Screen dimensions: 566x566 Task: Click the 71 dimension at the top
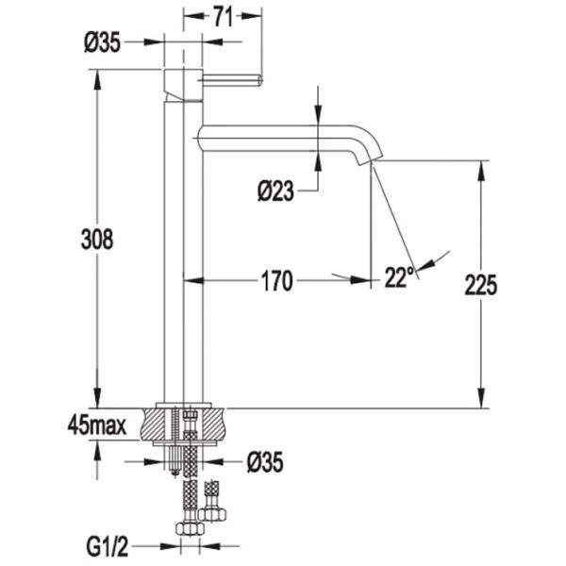coord(223,17)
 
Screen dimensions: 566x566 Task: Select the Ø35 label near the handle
coord(102,42)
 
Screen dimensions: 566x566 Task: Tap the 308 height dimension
coord(97,239)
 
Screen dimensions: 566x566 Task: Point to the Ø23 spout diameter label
coord(275,191)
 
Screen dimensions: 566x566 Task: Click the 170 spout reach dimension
coord(276,281)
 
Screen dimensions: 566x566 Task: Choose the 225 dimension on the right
coord(480,285)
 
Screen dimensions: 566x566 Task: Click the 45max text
coord(97,426)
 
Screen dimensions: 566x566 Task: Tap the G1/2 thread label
coord(108,547)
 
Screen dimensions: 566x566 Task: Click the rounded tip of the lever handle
coord(260,80)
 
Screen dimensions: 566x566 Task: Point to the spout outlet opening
coord(369,161)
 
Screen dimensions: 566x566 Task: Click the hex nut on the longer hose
coord(190,529)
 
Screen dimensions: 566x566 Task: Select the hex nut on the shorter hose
coord(213,513)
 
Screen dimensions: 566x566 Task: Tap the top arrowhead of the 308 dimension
coord(97,80)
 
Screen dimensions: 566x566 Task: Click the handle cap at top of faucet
coord(183,85)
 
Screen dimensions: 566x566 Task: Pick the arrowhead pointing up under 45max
coord(97,451)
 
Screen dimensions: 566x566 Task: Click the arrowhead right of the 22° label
coord(427,265)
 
